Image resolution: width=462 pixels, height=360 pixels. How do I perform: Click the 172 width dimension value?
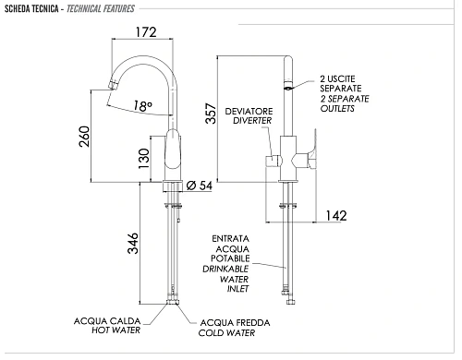point(146,32)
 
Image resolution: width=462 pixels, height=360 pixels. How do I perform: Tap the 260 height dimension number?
point(84,137)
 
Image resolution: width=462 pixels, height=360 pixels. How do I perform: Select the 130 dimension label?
point(144,159)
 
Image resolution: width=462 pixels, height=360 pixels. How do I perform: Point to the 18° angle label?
point(143,106)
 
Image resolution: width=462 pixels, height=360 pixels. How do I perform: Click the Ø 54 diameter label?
point(200,186)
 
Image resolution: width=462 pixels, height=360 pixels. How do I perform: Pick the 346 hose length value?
point(133,243)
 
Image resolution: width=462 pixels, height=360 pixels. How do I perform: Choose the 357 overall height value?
point(211,114)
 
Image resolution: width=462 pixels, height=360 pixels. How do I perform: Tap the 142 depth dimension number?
point(336,216)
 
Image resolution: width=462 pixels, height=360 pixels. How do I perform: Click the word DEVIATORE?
point(249,111)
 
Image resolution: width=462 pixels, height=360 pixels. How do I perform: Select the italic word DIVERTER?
point(252,121)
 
